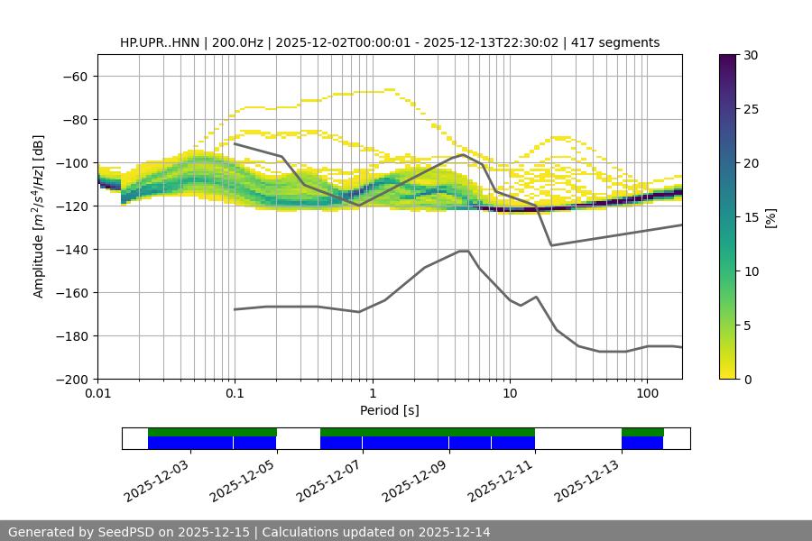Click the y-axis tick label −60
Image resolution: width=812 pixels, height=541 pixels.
coord(75,76)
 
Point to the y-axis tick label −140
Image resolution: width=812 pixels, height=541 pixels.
coord(71,249)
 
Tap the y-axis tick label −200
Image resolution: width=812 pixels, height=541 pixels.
coord(71,379)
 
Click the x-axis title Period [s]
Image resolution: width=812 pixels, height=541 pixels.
coord(390,410)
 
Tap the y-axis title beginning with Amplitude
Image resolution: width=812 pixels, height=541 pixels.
coord(39,216)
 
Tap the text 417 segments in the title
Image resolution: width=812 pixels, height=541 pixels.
coord(617,42)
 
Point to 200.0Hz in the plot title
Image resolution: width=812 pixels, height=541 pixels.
coord(239,42)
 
